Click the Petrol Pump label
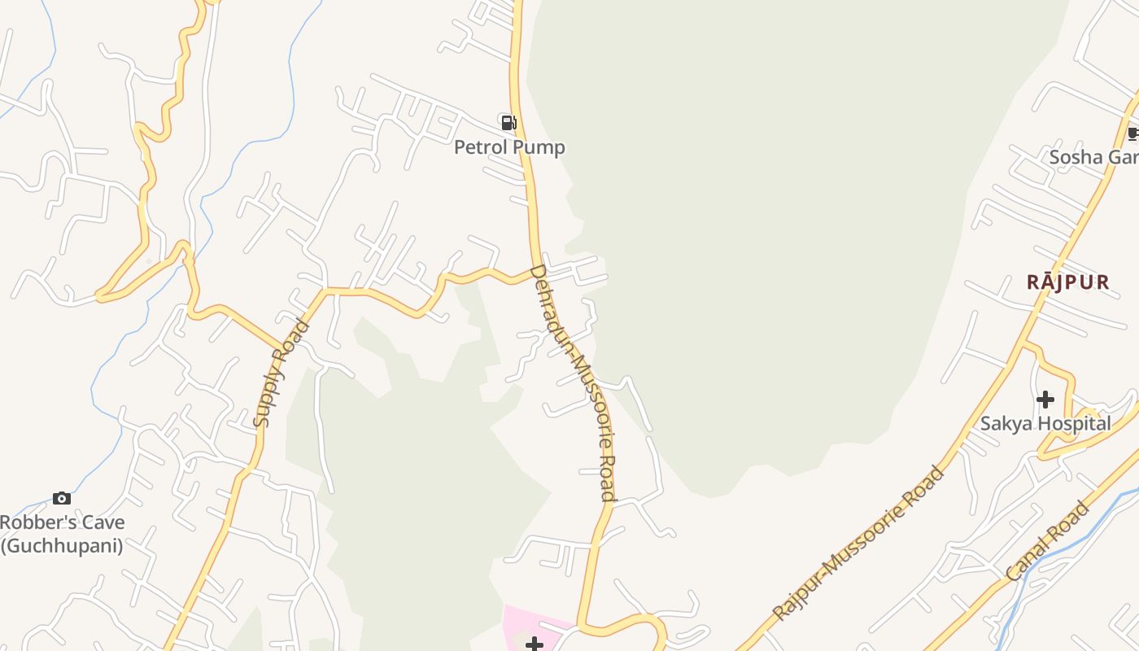pyautogui.click(x=509, y=147)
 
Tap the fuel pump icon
pyautogui.click(x=508, y=123)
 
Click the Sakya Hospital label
pyautogui.click(x=1045, y=423)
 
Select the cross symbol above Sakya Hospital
pyautogui.click(x=1045, y=400)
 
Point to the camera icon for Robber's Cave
pyautogui.click(x=62, y=498)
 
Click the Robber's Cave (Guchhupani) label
pyautogui.click(x=62, y=534)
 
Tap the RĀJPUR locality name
pyautogui.click(x=1067, y=282)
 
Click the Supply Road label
pyautogui.click(x=281, y=374)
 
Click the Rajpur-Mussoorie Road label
pyautogui.click(x=860, y=543)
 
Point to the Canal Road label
pyautogui.click(x=1047, y=541)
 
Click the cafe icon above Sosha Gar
pyautogui.click(x=1133, y=133)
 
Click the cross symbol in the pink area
pyautogui.click(x=534, y=644)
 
